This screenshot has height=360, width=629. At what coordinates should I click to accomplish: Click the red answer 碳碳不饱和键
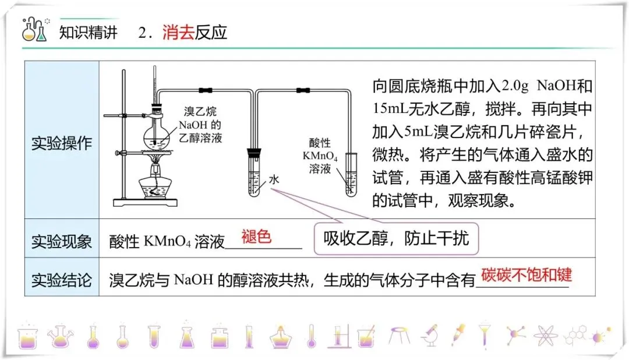click(526, 275)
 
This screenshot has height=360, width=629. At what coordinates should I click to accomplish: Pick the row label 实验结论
click(61, 280)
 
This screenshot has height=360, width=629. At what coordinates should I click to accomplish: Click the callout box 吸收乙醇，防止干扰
click(396, 238)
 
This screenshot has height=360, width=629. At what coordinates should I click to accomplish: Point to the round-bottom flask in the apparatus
click(157, 136)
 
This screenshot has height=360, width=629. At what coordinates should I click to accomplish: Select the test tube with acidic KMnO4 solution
click(351, 175)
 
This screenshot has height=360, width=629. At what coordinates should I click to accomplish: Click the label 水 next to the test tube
click(274, 180)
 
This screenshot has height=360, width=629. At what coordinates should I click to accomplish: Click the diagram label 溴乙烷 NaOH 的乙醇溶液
click(200, 125)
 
